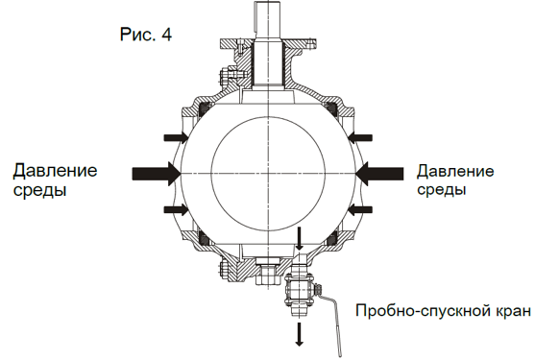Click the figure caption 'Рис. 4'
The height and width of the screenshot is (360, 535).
[146, 35]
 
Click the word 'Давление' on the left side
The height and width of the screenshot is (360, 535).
[55, 171]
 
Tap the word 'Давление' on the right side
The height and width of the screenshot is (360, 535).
[455, 171]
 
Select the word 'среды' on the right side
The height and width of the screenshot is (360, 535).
[441, 189]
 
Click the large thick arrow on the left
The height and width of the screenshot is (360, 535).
[157, 174]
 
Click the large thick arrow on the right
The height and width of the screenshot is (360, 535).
[379, 174]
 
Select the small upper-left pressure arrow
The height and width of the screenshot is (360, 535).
[176, 137]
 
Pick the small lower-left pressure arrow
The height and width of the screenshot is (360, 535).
[176, 209]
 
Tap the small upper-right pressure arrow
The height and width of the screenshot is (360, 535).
[360, 137]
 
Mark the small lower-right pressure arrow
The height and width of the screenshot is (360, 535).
[360, 209]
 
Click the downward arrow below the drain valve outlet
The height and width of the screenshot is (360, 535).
[300, 334]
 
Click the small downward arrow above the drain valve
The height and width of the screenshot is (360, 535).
[300, 239]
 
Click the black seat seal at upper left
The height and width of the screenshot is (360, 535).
[204, 108]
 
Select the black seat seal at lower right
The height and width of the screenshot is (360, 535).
[331, 238]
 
